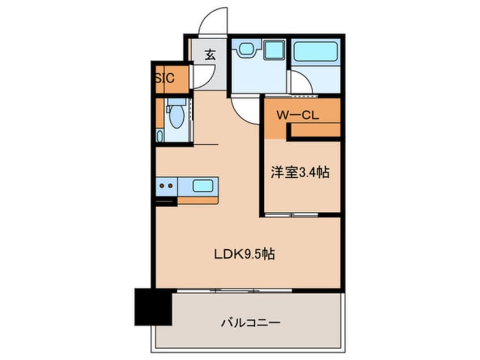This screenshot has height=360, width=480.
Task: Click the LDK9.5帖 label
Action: point(244,254)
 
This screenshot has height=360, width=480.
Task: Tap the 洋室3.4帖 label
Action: point(300,173)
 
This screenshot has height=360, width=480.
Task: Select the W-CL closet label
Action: point(297,115)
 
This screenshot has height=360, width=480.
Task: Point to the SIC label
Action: point(165,78)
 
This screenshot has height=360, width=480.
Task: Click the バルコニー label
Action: point(250,323)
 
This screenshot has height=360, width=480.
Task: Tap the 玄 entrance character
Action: point(210,55)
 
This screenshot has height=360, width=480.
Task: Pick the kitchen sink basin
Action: point(203,186)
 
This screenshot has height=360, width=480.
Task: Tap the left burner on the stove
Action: point(162,186)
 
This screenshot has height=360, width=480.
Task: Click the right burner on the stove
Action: point(170,186)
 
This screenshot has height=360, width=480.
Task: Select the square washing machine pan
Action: point(274,49)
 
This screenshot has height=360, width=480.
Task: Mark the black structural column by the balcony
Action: point(153,307)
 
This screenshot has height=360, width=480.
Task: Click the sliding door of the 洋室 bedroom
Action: point(292,215)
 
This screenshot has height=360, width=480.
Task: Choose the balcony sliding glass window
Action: point(234,290)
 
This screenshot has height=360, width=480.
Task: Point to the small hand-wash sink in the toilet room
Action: point(160,135)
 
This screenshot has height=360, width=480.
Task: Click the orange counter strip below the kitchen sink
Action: point(198,200)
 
